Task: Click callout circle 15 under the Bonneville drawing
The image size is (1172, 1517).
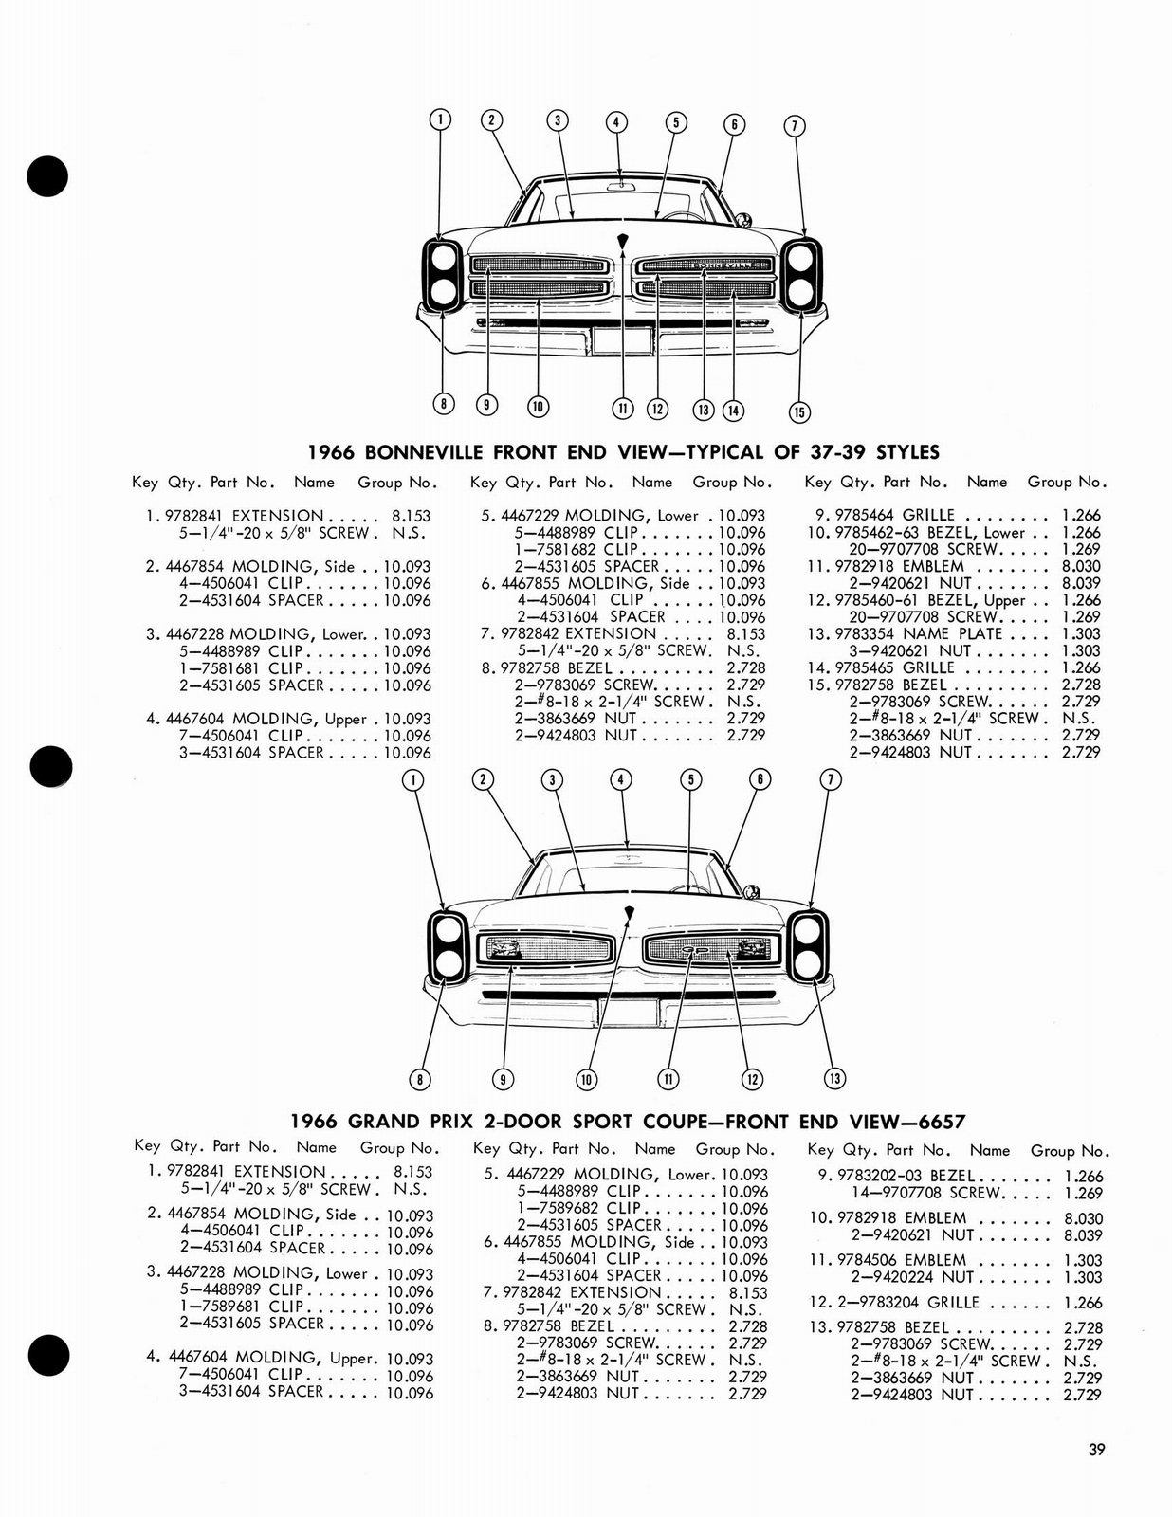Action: click(799, 411)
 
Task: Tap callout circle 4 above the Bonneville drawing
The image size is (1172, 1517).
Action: click(616, 122)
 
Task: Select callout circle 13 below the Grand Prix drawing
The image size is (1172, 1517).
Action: click(834, 1078)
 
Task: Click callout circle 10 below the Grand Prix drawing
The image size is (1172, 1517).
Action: click(586, 1079)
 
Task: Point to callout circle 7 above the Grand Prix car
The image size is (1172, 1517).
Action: click(830, 779)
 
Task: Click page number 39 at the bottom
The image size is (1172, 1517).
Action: click(1096, 1449)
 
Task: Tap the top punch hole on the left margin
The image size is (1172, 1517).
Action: click(47, 175)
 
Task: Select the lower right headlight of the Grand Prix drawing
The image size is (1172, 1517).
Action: click(807, 964)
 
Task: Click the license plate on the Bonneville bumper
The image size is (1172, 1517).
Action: click(621, 338)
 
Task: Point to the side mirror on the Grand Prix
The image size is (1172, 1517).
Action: click(752, 892)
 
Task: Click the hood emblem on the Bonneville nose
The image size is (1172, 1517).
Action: click(622, 240)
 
